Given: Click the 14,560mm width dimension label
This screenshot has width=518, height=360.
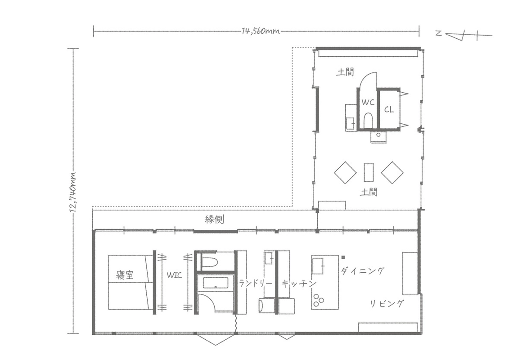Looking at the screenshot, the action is [x=261, y=31].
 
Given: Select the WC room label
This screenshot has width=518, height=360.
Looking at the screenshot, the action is [x=368, y=102].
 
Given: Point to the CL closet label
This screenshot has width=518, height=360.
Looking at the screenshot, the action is [x=389, y=109].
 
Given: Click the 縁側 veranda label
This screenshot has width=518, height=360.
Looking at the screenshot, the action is [x=215, y=219].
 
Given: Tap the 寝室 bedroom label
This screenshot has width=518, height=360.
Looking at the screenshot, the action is [x=125, y=275].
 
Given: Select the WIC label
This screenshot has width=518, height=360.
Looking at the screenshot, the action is [x=174, y=275].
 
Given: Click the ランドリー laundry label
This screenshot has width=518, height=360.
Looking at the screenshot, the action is [x=256, y=283].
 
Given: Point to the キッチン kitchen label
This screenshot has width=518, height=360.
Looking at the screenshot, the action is [x=299, y=283].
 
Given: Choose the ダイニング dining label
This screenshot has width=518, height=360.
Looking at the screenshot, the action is [x=363, y=271].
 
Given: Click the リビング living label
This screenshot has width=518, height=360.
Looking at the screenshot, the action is [x=386, y=303].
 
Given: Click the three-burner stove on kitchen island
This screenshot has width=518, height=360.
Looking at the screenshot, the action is [x=318, y=300].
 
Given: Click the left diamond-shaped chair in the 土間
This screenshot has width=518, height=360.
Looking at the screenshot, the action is [x=345, y=172].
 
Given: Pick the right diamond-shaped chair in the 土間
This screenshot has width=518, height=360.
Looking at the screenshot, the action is [x=392, y=172].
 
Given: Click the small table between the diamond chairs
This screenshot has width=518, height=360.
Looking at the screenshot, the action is [x=369, y=172].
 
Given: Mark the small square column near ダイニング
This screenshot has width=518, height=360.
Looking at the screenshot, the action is [x=343, y=257].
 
